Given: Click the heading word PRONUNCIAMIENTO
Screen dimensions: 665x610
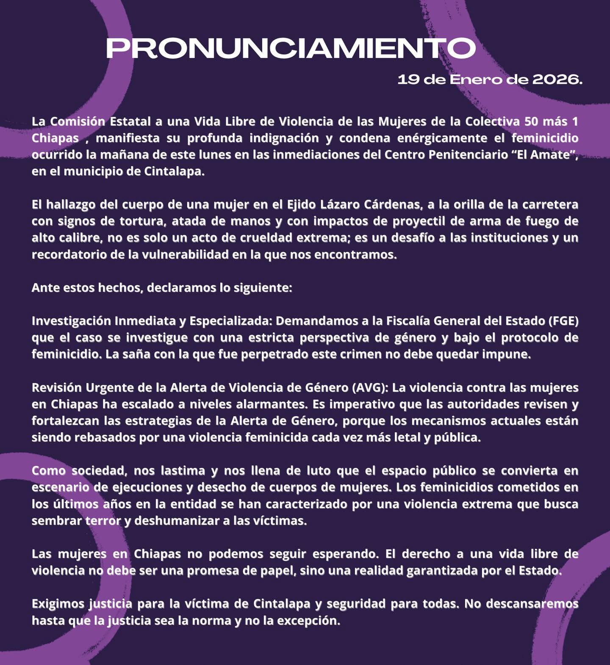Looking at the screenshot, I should [291, 48].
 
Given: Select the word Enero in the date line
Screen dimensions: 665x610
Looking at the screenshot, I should [473, 79].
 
